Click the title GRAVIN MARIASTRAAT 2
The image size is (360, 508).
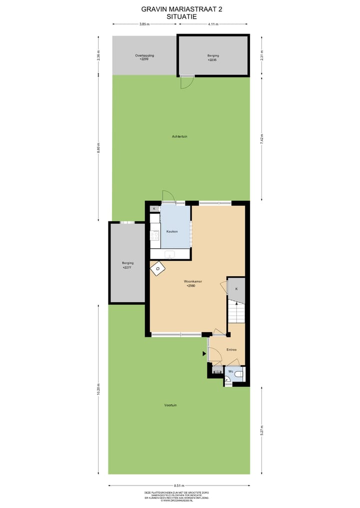click(181, 9)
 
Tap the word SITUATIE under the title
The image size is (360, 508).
click(181, 16)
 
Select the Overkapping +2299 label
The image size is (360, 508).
click(144, 57)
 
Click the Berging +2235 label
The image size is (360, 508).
click(213, 57)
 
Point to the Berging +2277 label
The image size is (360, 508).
click(128, 265)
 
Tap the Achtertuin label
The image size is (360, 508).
click(179, 136)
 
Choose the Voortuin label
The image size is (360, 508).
click(170, 405)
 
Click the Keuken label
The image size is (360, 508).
click(172, 232)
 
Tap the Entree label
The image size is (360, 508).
click(231, 350)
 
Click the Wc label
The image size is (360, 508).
click(231, 372)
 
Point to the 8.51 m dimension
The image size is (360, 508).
click(179, 486)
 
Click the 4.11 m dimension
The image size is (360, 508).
click(213, 24)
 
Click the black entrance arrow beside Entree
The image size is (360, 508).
click(204, 354)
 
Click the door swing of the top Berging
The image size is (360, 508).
click(185, 83)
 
